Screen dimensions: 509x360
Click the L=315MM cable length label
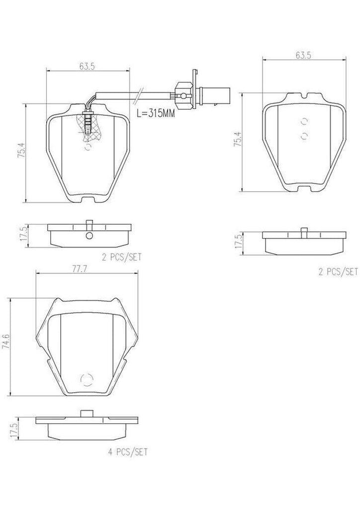coord(156,114)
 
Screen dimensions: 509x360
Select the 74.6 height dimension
coord(6,343)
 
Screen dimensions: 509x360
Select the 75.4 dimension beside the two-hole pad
coord(237,141)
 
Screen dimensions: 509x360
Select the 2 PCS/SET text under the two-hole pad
coord(338,271)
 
